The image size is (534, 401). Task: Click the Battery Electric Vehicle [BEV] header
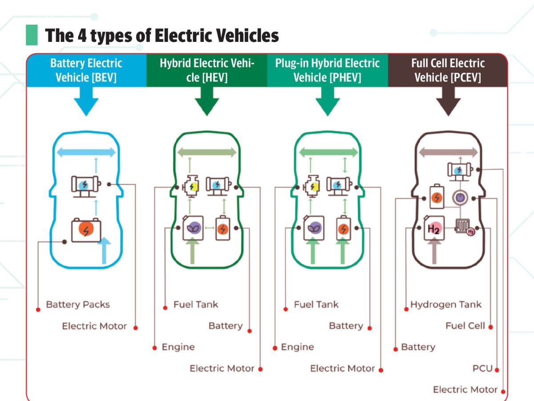coord(86,70)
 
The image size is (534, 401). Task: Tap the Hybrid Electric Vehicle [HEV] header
coord(207,70)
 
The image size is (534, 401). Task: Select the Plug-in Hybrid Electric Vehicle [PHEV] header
coord(328,70)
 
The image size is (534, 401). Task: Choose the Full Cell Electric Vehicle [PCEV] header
coord(448,70)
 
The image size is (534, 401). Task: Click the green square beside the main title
coord(32,35)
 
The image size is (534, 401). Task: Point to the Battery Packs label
coord(78,305)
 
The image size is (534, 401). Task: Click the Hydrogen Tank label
coord(446,305)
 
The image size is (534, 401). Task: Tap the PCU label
coord(482,368)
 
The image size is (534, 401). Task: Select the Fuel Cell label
coord(465,326)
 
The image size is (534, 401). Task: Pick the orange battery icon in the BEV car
coord(87,230)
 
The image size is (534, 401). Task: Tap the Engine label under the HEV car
coord(178,347)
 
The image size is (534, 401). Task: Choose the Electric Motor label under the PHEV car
coord(342,368)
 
